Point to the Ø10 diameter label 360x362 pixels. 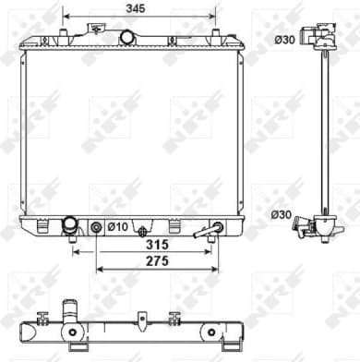tap(117, 227)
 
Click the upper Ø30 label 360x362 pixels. tap(284, 39)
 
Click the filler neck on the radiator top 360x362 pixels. tap(126, 37)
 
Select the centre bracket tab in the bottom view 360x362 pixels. tap(140, 320)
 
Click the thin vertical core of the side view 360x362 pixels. tap(326, 129)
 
